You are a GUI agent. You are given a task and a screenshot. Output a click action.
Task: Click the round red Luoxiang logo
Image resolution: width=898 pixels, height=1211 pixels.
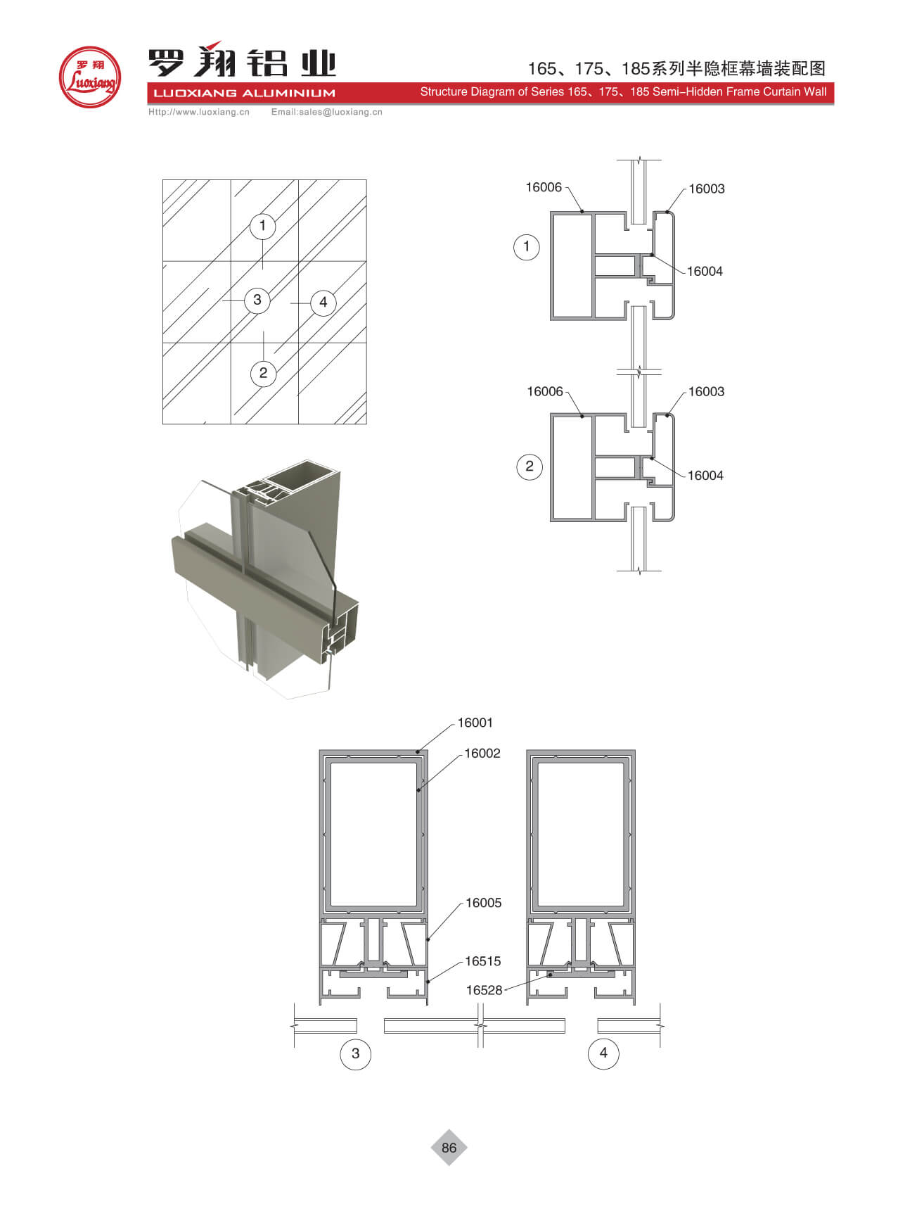coord(89,77)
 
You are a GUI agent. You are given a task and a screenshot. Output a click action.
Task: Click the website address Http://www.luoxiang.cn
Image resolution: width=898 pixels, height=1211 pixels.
coord(199,112)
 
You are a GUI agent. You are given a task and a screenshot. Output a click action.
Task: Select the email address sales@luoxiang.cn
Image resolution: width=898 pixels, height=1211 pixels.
coord(340,112)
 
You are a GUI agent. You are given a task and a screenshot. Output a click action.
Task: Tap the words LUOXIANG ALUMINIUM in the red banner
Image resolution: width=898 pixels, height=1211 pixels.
coord(244,93)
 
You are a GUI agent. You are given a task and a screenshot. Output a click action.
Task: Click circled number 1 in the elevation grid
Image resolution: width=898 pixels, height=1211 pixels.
coord(263,226)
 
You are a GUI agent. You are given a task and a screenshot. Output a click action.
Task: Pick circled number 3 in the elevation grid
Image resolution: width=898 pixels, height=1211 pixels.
coord(257,300)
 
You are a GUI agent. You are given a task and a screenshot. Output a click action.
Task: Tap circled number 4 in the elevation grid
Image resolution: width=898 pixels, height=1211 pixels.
coord(323,303)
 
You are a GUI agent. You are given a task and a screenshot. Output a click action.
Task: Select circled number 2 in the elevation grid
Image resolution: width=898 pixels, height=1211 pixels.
coord(263,373)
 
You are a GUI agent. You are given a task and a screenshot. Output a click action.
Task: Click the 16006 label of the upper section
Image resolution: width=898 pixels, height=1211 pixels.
coord(544,187)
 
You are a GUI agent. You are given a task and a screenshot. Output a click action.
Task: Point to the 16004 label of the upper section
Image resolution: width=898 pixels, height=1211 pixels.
coord(705,272)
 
